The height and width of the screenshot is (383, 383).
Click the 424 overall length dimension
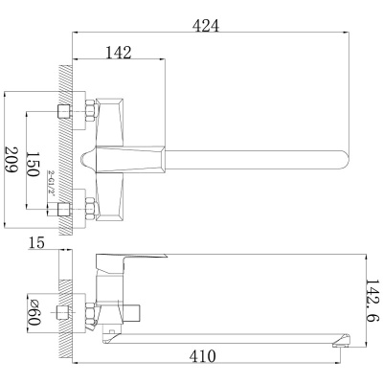206,26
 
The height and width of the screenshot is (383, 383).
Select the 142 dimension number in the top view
118,53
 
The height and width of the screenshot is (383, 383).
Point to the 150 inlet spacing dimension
33,164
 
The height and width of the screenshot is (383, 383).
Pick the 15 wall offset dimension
36,243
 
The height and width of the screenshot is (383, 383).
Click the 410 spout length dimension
203,356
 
